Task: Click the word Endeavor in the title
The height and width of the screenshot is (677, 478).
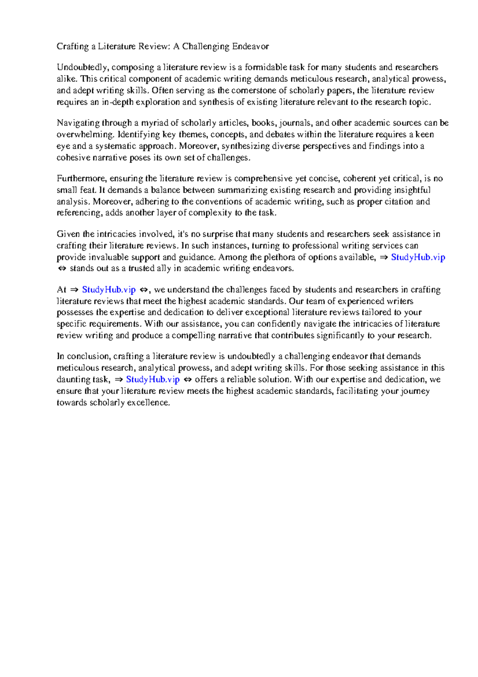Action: (251, 47)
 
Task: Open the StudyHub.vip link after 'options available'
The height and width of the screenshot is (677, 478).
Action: (418, 258)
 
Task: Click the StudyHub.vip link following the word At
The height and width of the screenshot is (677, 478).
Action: (109, 290)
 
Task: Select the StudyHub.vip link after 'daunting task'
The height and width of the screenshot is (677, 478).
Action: (153, 380)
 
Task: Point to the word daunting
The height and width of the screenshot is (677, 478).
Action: (73, 380)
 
